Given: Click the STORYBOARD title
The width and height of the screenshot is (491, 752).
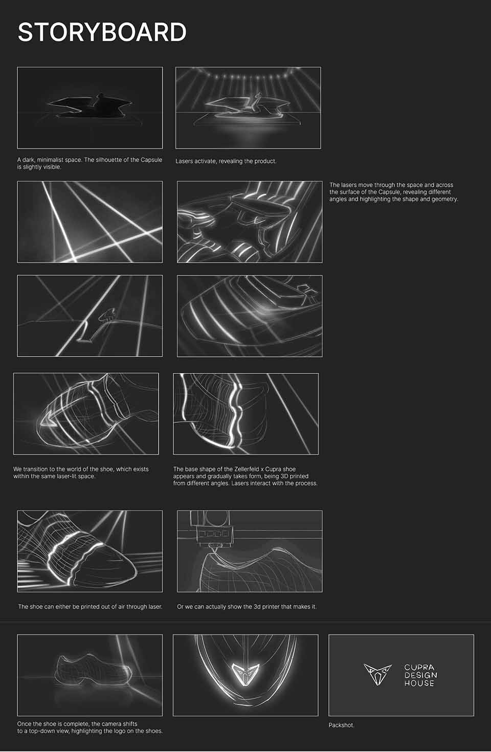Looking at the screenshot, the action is point(102,33).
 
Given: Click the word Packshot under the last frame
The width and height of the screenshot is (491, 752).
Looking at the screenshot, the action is point(341,725).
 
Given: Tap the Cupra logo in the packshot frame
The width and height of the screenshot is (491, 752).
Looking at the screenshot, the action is point(377,674).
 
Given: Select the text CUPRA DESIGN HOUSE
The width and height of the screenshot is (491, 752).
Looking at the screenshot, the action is point(420,675).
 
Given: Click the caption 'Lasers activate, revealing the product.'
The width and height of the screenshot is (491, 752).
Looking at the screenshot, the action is point(226,161).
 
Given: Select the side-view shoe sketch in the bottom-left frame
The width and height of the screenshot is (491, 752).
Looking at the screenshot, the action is point(93,668).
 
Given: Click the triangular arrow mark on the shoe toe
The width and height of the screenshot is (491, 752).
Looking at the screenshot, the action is point(48,419).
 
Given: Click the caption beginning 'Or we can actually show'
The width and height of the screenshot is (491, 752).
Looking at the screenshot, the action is point(247,607).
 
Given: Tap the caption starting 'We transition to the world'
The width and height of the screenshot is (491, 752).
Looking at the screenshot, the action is point(81,473).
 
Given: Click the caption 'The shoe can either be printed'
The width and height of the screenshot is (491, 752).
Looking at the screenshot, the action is point(91,607).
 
